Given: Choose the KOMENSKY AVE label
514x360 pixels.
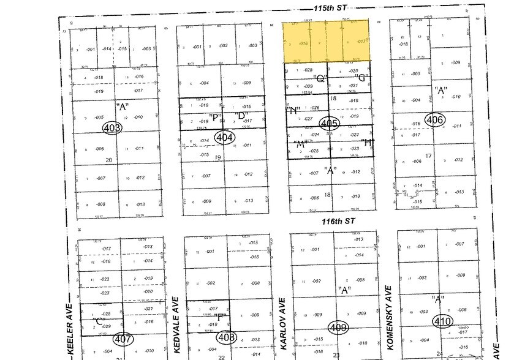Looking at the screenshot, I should coord(388,316).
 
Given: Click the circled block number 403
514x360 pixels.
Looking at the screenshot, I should coord(113,128).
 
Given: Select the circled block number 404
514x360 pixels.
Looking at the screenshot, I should coord(224,138).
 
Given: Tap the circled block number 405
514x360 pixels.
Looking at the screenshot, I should coord(330,123).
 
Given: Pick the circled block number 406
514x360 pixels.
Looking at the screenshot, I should coord(435,119).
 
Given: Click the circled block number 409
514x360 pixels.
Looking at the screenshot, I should coord(338,327).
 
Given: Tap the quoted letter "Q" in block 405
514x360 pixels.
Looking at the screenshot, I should coord(320,78).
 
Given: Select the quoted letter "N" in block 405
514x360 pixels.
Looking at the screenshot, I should coord(293,110).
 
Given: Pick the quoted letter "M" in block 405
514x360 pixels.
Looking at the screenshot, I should coord(300,144).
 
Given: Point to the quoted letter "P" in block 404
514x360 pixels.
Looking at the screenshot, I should coord(214,117).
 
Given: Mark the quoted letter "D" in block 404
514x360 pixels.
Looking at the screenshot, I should coord(241,115).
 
